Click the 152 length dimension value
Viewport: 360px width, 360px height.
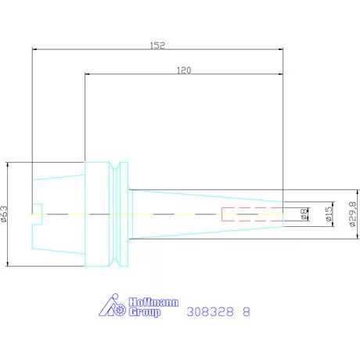pos(157,45)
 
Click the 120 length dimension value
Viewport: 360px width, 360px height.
pos(184,70)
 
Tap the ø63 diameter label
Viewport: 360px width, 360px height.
pos(5,214)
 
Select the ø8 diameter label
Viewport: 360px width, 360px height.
pos(304,214)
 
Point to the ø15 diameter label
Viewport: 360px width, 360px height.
pos(329,214)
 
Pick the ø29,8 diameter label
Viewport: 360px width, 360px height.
pos(353,214)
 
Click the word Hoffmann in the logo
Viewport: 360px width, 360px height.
pos(153,302)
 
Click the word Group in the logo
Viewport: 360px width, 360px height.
pos(145,312)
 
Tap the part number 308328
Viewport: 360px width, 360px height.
pos(210,311)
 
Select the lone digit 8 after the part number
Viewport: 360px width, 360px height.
pos(247,311)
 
